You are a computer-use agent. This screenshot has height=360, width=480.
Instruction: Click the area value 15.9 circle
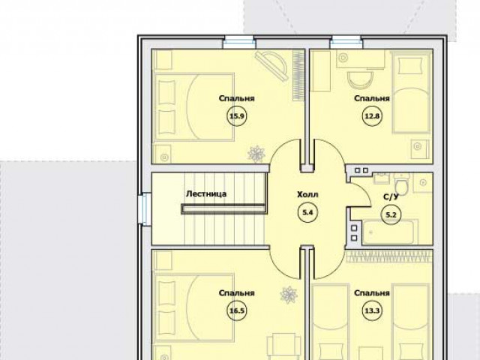(x=237, y=116)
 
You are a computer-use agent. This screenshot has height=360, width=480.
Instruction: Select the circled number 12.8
(x=372, y=116)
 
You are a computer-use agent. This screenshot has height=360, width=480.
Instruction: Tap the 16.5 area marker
(x=237, y=311)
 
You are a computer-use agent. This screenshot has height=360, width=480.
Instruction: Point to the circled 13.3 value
(x=372, y=311)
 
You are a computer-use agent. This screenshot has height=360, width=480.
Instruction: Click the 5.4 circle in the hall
(x=307, y=212)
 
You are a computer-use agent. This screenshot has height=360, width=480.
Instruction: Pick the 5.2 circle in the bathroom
(x=391, y=215)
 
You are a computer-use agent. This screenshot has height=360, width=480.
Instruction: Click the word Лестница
(x=206, y=193)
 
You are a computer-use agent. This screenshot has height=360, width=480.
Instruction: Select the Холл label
(x=307, y=194)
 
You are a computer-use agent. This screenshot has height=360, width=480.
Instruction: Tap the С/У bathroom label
(x=391, y=196)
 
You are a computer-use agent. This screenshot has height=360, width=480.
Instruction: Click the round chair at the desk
(x=360, y=79)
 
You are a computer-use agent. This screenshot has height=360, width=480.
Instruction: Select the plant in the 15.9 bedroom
(x=256, y=154)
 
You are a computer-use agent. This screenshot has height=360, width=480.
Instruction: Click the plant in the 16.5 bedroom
(x=289, y=295)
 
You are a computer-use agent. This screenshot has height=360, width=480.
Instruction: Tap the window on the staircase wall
(x=145, y=210)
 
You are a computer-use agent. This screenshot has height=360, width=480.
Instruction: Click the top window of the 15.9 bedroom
(x=238, y=42)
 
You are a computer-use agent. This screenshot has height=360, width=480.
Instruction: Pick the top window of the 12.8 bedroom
(x=346, y=42)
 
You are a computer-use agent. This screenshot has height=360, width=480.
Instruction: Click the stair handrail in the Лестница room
(x=223, y=208)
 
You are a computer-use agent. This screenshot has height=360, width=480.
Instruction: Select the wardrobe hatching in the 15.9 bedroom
(x=298, y=75)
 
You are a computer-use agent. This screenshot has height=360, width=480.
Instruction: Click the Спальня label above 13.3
(x=372, y=293)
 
